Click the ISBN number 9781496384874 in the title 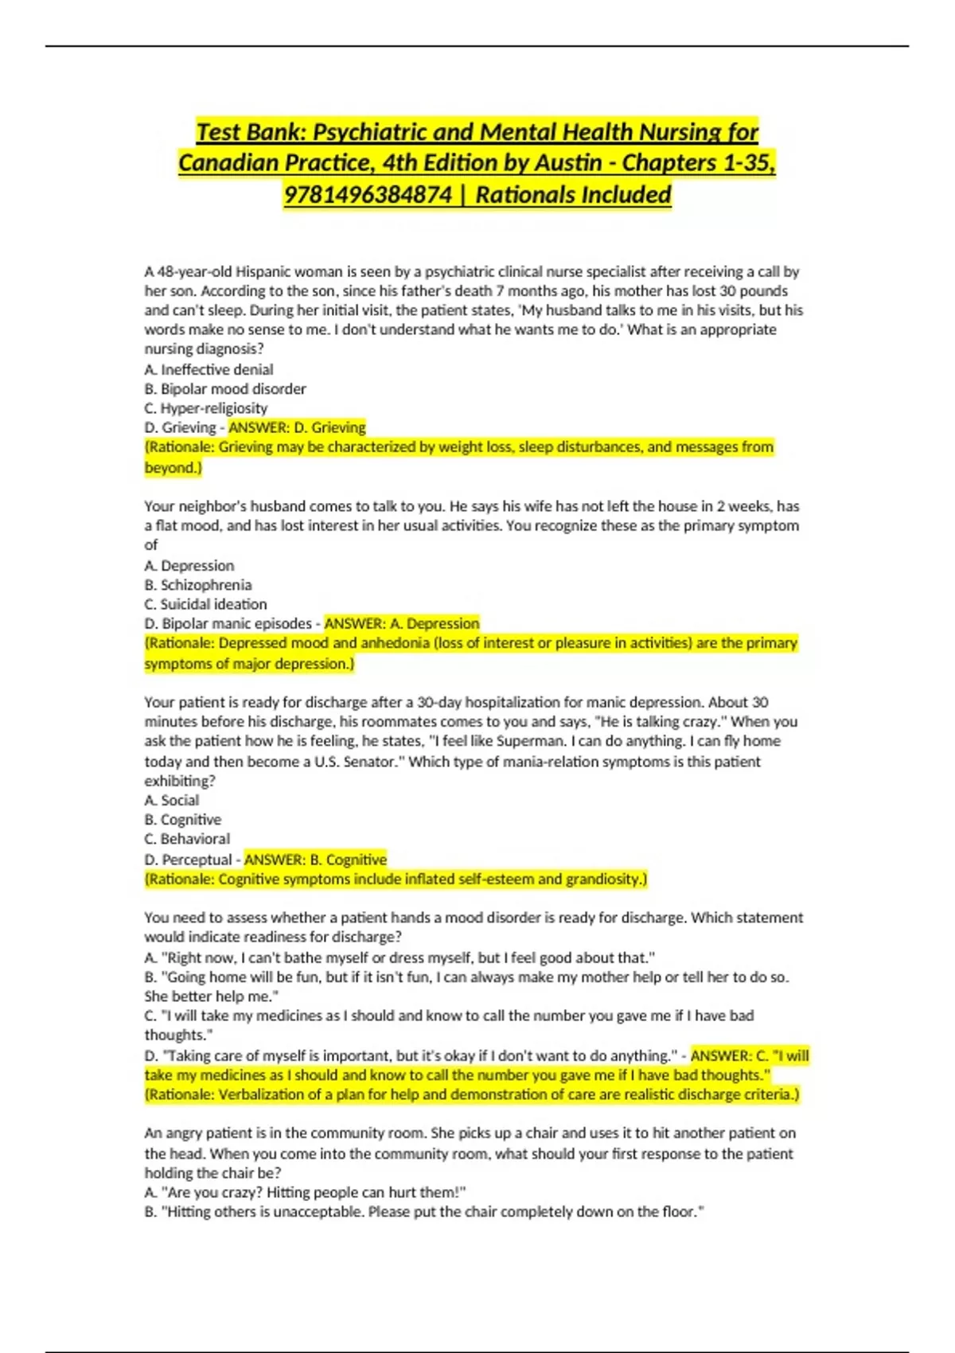click(x=368, y=194)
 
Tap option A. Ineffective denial click(x=209, y=369)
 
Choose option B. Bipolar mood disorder click(x=225, y=388)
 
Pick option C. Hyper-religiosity click(x=206, y=408)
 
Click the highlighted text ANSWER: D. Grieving click(x=297, y=427)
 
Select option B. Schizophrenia click(x=198, y=585)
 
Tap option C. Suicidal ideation click(x=205, y=604)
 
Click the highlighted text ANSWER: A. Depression click(x=402, y=623)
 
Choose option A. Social click(x=172, y=800)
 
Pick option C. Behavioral click(x=187, y=839)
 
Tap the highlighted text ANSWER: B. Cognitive click(x=315, y=860)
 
